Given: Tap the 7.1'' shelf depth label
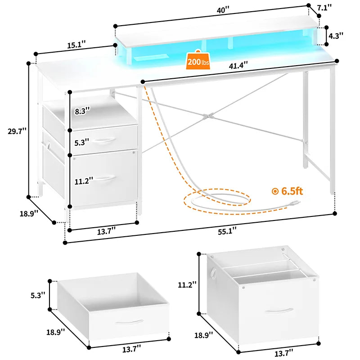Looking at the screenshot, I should click(324, 7).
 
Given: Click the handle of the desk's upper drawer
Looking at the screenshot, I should click(104, 142).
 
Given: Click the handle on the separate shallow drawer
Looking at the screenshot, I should click(129, 322).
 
